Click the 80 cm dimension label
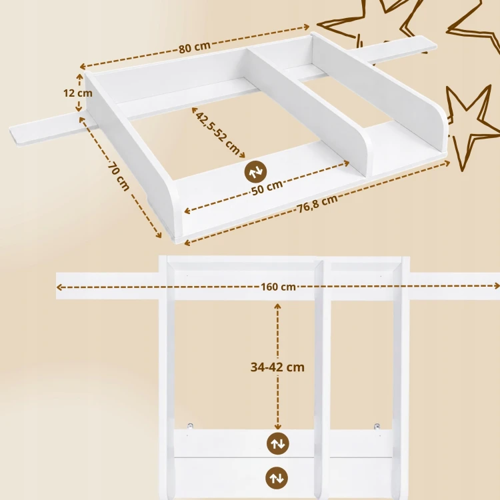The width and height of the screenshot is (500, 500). pyautogui.click(x=194, y=47)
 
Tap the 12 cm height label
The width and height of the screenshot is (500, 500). pyautogui.click(x=78, y=93)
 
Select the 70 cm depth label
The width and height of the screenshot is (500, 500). pyautogui.click(x=118, y=176)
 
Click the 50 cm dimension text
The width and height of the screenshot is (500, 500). pyautogui.click(x=267, y=187)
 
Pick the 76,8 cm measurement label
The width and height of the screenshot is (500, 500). pyautogui.click(x=317, y=203)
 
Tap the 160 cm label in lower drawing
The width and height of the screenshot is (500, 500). pyautogui.click(x=279, y=287)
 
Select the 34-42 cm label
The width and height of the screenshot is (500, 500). pyautogui.click(x=277, y=367)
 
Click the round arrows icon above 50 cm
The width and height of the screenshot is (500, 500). pyautogui.click(x=255, y=171)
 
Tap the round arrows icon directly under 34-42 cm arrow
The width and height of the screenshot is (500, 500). pyautogui.click(x=278, y=443)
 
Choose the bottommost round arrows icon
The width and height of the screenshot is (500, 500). pyautogui.click(x=277, y=478)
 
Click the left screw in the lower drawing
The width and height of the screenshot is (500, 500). pyautogui.click(x=191, y=425)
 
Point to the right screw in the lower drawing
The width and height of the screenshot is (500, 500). pyautogui.click(x=377, y=426)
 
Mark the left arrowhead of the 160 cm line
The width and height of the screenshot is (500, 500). pyautogui.click(x=59, y=287)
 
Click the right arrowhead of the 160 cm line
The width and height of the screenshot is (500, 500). pyautogui.click(x=497, y=285)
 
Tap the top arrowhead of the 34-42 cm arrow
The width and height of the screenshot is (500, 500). pyautogui.click(x=277, y=307)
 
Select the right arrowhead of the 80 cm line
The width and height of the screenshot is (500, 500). pyautogui.click(x=307, y=27)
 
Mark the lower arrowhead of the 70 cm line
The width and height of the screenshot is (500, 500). pyautogui.click(x=159, y=235)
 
